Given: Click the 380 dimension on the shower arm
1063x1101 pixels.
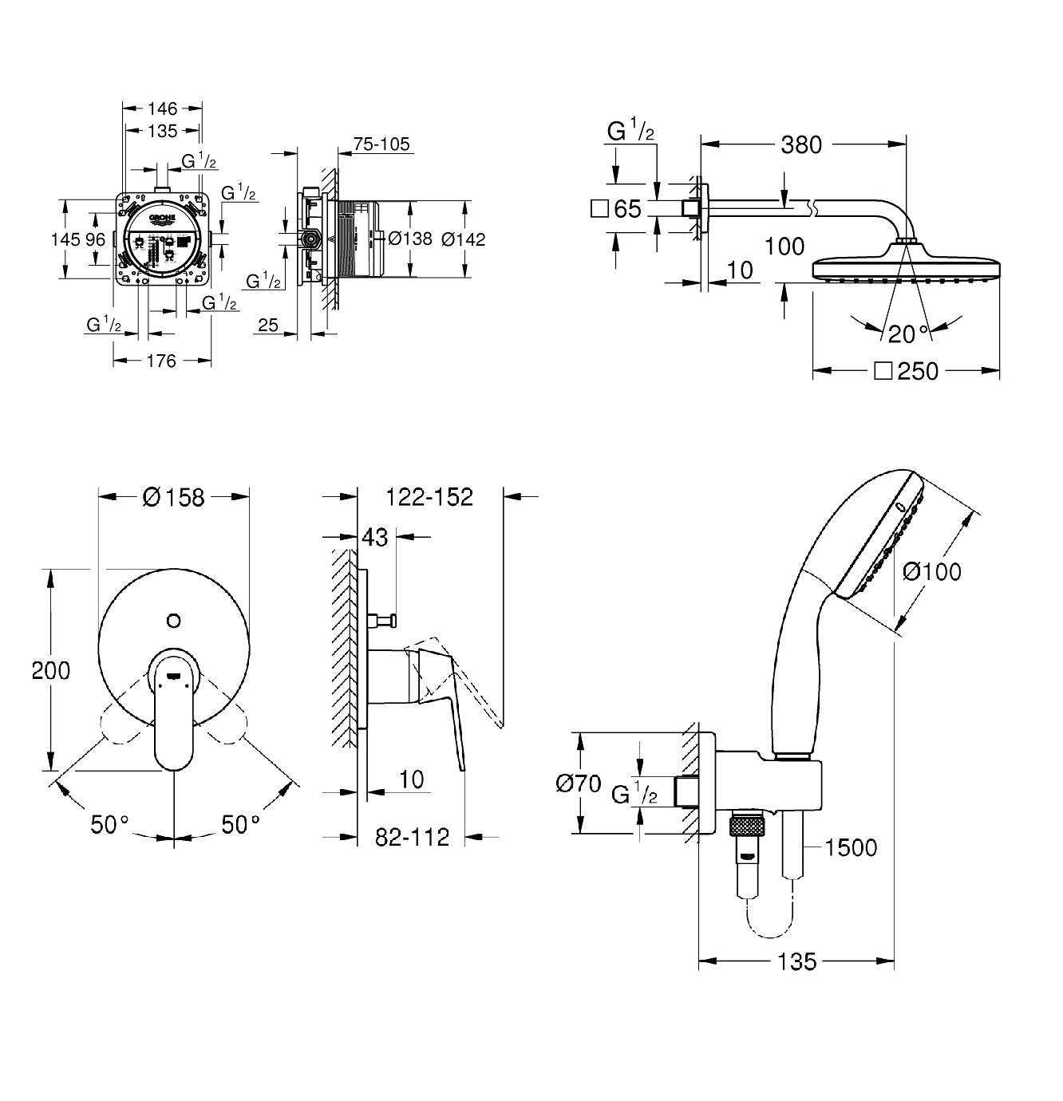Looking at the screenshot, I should pyautogui.click(x=800, y=144).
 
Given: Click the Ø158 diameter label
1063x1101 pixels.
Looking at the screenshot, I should pyautogui.click(x=174, y=497).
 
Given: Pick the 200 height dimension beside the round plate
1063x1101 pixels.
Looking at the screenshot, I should pyautogui.click(x=51, y=670).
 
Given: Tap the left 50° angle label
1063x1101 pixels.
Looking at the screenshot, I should pyautogui.click(x=109, y=824).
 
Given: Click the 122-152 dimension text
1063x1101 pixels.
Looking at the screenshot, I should pyautogui.click(x=429, y=497).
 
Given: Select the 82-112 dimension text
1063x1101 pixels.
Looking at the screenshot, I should pyautogui.click(x=413, y=837).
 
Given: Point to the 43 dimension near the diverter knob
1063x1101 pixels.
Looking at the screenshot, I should pyautogui.click(x=375, y=538).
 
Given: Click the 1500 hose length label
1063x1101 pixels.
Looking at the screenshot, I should pyautogui.click(x=851, y=847).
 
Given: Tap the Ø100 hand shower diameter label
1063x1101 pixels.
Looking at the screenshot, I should pyautogui.click(x=932, y=571).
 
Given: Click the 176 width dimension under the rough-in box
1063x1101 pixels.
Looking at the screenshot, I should pyautogui.click(x=161, y=361).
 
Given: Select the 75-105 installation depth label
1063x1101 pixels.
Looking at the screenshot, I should pyautogui.click(x=381, y=144).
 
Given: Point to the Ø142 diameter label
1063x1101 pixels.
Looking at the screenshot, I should pyautogui.click(x=463, y=239).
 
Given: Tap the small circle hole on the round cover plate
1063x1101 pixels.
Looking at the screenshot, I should pyautogui.click(x=174, y=620).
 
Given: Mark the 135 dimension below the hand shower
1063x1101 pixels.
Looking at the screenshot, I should pyautogui.click(x=796, y=961).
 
